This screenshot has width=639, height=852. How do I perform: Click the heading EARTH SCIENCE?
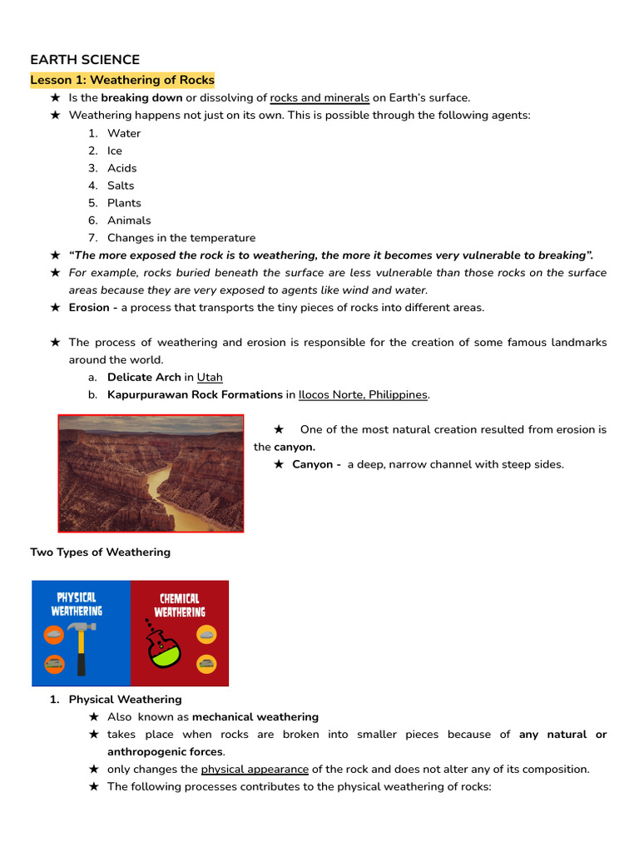pos(85,60)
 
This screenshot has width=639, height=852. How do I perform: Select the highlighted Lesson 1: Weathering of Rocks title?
pos(122,81)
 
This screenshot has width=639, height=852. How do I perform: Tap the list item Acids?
pos(121,168)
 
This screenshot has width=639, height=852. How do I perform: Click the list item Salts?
pos(121,186)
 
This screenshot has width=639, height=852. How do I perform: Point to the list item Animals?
pos(129,220)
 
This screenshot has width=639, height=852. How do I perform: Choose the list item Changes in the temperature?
pos(181,238)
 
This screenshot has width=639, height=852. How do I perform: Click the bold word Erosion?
pos(90,307)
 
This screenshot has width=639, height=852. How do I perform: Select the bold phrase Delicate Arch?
pos(144,377)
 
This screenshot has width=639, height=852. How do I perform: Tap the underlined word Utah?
pos(210,377)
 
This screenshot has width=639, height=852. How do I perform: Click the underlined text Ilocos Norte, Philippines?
pos(363,394)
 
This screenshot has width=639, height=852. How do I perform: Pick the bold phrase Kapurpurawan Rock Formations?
pos(195,394)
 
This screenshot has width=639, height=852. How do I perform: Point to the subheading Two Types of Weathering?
pos(100,552)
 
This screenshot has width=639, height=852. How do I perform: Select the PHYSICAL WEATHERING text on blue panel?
pos(79,604)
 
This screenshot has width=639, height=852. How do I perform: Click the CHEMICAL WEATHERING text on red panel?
pos(179,605)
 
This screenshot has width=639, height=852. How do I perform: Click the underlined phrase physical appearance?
pos(255,769)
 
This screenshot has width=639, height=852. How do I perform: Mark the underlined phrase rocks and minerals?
pos(319,98)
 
